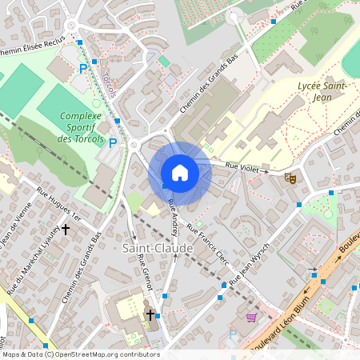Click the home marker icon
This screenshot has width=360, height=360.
point(180,172)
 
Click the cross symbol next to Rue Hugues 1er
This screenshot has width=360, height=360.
point(66,229)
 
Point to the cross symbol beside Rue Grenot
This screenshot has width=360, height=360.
point(150,315)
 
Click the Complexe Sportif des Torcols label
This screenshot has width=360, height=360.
point(82,127)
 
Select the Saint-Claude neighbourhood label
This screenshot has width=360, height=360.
point(158,249)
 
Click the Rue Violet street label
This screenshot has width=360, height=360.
point(245,168)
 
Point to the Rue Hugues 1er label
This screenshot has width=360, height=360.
point(59,204)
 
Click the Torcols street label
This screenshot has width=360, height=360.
point(110,83)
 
